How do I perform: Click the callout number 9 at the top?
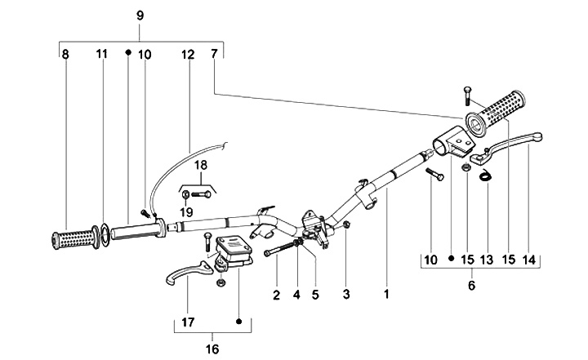click(140, 16)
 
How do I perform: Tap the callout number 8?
click(65, 55)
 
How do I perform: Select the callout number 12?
click(188, 55)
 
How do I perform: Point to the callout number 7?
click(214, 54)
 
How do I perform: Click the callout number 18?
click(201, 165)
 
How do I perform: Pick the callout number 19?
click(186, 212)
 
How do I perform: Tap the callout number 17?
click(189, 322)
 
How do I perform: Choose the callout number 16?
click(212, 349)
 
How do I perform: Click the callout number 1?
click(386, 294)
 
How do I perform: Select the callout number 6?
click(472, 286)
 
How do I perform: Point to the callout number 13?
click(487, 260)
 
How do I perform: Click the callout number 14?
click(529, 260)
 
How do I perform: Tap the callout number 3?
click(346, 294)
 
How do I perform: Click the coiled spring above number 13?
click(487, 175)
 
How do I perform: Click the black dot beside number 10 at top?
click(128, 52)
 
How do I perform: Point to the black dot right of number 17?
click(238, 322)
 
